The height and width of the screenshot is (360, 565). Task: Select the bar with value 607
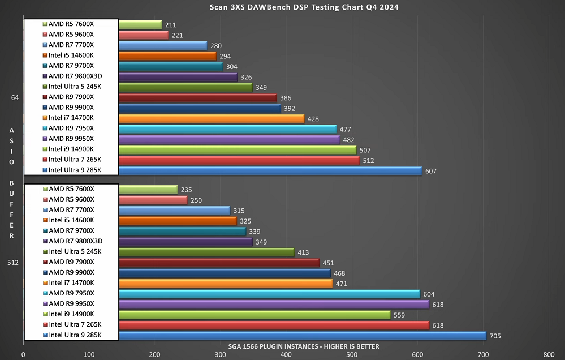click(270, 170)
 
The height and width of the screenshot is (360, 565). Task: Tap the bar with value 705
click(303, 336)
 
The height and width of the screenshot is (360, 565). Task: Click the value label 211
click(170, 25)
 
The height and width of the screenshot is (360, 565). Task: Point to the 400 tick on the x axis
click(220, 355)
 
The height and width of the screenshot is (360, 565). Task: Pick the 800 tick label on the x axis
click(549, 355)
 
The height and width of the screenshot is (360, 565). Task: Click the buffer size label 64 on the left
click(15, 97)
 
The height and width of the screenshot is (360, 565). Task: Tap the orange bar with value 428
click(212, 118)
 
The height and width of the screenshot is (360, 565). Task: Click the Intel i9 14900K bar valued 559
click(255, 315)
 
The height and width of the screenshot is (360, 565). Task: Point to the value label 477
click(346, 129)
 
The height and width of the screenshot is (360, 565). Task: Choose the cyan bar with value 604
click(269, 294)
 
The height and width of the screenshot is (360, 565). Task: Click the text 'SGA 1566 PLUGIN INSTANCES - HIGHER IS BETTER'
click(304, 346)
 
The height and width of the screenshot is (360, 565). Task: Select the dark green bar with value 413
click(206, 252)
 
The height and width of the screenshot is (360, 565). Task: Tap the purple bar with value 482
click(229, 139)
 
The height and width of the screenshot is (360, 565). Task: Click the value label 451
click(329, 263)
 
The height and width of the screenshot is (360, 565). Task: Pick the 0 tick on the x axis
click(23, 355)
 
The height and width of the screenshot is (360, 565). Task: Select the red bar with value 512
click(239, 160)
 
